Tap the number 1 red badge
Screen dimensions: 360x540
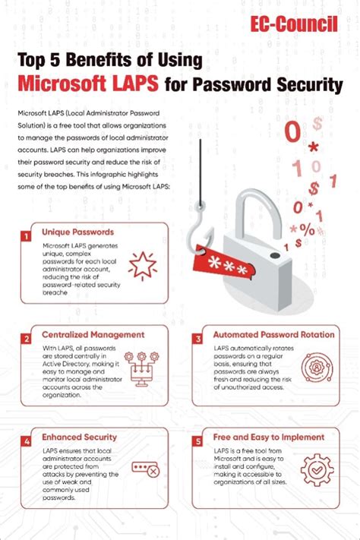26,237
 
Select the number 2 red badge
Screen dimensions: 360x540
26,339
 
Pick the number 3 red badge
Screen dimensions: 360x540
198,339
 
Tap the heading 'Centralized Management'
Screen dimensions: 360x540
93,333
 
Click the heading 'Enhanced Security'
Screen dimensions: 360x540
79,437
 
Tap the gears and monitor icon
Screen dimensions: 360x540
144,367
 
